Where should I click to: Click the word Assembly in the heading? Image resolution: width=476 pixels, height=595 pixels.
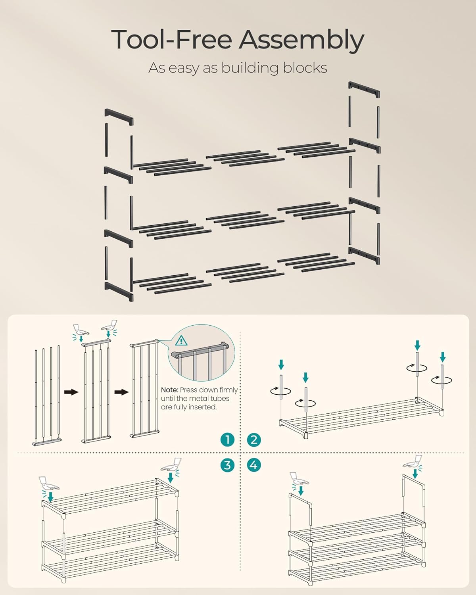click(301, 40)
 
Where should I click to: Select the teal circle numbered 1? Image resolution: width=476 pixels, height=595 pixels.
click(227, 440)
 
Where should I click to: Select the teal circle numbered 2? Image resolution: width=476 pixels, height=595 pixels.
click(254, 440)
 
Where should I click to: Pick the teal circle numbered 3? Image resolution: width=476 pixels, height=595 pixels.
click(227, 465)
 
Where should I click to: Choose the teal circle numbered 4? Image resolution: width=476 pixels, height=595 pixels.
click(254, 465)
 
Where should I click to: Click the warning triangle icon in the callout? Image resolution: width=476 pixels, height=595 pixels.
click(181, 340)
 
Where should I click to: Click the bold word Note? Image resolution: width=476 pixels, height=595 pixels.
click(169, 390)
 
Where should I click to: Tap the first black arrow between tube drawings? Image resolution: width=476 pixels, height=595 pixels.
click(71, 392)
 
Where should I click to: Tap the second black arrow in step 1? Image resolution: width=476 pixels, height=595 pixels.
click(121, 392)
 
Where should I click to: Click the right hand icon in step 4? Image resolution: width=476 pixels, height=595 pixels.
click(413, 462)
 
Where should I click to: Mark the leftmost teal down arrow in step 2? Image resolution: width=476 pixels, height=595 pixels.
click(281, 365)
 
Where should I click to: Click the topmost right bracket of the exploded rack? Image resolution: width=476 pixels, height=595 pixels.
click(364, 90)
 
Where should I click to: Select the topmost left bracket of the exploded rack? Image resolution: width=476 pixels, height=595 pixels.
click(119, 117)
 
